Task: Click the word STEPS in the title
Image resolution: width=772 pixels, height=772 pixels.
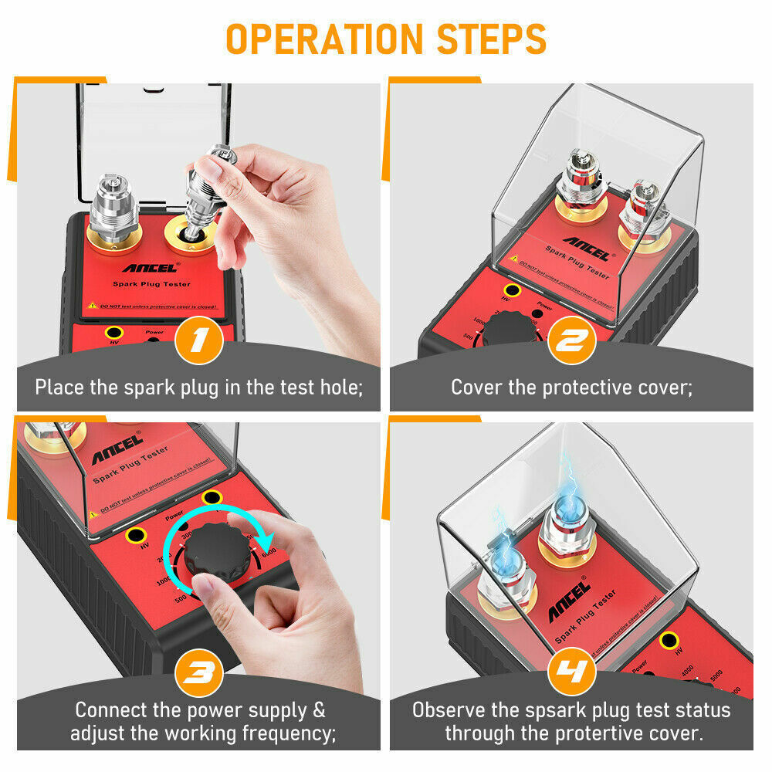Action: (x=489, y=39)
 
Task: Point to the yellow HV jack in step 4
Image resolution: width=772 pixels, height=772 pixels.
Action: (x=669, y=638)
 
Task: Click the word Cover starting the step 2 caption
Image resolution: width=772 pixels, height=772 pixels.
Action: (x=476, y=387)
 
